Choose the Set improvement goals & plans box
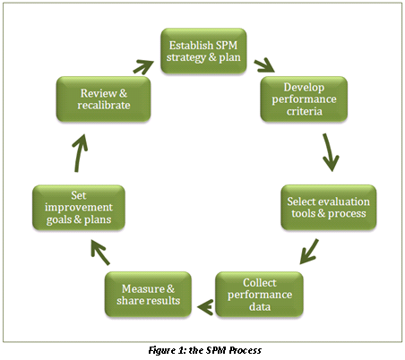point(78,208)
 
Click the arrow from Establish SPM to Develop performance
point(264,65)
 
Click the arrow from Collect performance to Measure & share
point(205,307)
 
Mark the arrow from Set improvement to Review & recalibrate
point(79,153)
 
